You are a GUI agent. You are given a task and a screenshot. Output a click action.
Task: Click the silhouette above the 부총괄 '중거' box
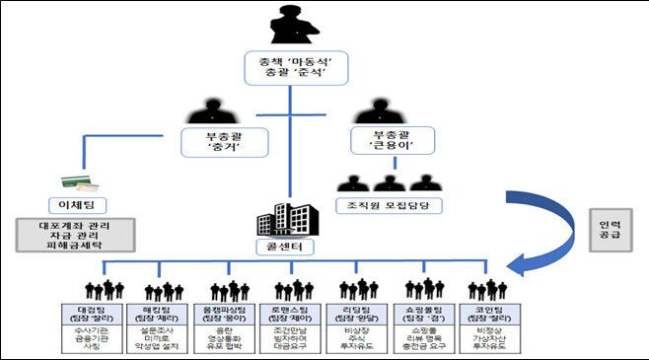210,109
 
